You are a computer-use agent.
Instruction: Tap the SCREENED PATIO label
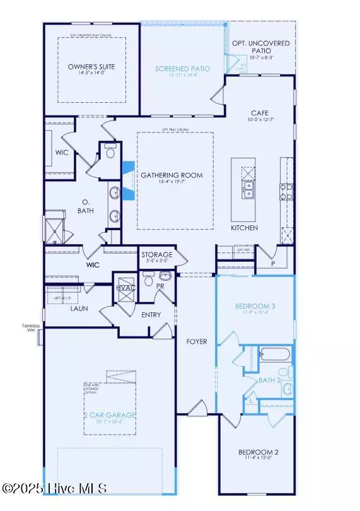click(183, 69)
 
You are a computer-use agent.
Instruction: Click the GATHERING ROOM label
click(171, 175)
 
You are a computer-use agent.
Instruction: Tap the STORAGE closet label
click(157, 254)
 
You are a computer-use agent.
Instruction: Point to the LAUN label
click(78, 308)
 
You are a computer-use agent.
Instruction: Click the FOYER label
click(196, 341)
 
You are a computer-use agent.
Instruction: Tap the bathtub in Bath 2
click(275, 354)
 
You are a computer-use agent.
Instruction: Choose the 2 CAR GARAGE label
click(110, 414)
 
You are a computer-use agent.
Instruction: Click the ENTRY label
click(151, 315)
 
